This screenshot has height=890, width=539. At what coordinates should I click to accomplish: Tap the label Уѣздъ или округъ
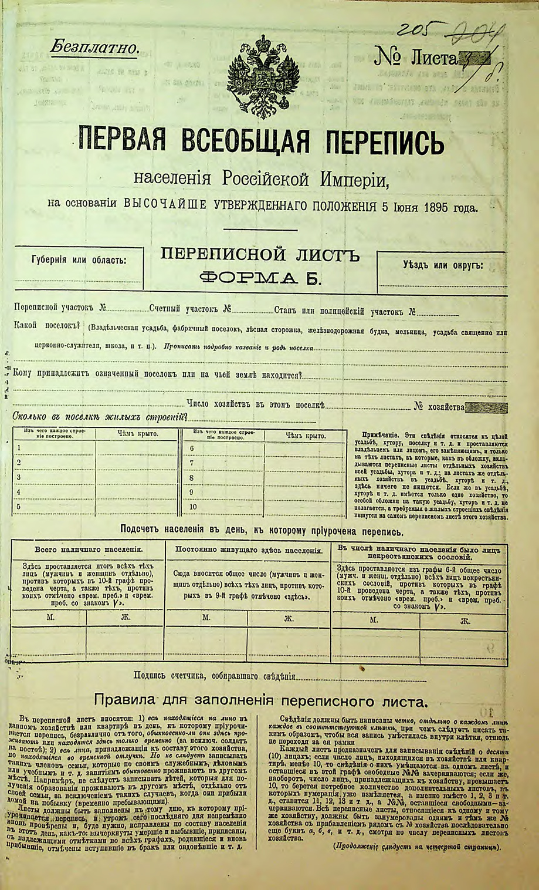[443, 265]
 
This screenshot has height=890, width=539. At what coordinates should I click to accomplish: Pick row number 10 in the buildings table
[193, 507]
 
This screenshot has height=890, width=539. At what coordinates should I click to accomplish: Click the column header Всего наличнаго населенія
[89, 550]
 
